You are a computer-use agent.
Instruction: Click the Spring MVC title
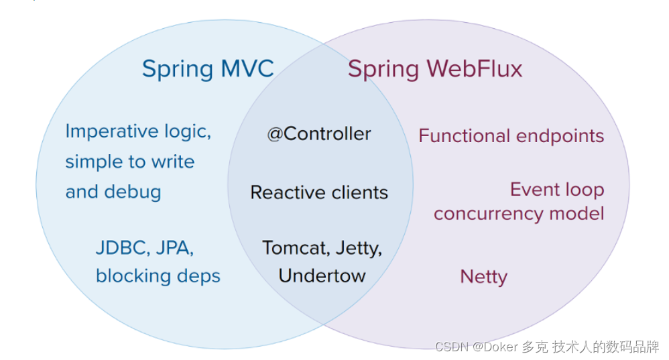tap(208, 69)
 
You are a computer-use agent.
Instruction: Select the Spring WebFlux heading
tap(434, 69)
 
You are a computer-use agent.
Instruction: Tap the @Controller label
tap(319, 134)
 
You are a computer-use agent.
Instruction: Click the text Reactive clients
tap(319, 192)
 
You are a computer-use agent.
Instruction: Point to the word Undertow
tap(322, 276)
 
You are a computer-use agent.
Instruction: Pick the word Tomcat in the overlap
tap(292, 248)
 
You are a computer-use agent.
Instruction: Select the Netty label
tap(483, 276)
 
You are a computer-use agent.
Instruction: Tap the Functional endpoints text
tap(511, 135)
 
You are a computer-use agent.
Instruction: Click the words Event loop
tap(557, 190)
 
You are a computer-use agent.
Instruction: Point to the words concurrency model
tap(519, 213)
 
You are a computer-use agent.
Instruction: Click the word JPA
tap(174, 248)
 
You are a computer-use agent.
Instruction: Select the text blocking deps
tap(158, 276)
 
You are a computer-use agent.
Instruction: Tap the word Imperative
tap(103, 132)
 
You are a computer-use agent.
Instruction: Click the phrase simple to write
tap(129, 162)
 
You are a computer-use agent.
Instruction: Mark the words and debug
tap(113, 192)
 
